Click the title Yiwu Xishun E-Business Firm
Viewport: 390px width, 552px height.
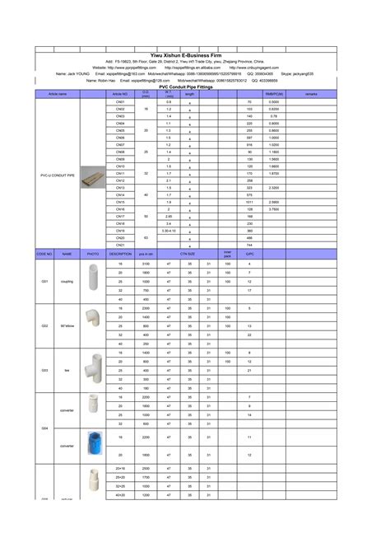tap(195, 54)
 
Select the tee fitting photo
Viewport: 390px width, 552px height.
tap(94, 370)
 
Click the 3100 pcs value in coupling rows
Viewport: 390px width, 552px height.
tap(146, 263)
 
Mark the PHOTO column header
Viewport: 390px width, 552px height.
tap(94, 254)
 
